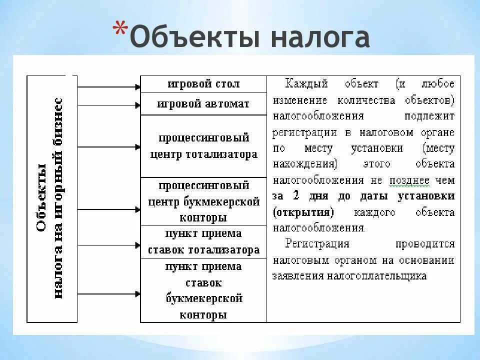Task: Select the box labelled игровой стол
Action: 203,84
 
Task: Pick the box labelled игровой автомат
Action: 203,104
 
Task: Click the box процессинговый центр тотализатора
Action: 203,146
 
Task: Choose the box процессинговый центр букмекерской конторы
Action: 203,201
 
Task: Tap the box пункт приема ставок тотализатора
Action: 203,241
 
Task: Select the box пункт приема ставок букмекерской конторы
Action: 203,290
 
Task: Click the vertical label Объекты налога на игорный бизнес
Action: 52,198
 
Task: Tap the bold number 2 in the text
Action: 296,196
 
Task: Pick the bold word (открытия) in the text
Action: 303,212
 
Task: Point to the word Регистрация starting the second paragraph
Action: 317,244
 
